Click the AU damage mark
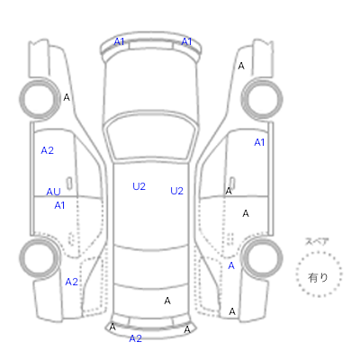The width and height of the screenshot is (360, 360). (x=53, y=192)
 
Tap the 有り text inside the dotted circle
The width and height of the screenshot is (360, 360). (x=318, y=277)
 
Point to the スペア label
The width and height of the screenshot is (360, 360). (x=317, y=241)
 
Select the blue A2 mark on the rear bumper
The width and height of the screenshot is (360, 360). (x=135, y=338)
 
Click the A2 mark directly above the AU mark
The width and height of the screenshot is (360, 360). (x=48, y=150)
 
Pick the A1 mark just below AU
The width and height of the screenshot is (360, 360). (x=59, y=205)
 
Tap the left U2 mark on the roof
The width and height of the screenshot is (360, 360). (x=139, y=186)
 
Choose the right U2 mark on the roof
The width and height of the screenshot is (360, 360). (x=176, y=191)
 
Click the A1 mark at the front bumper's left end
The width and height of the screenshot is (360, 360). (x=119, y=41)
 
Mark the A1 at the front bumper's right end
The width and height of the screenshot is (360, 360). (x=186, y=41)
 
